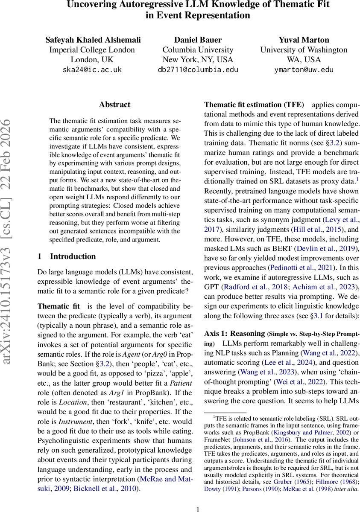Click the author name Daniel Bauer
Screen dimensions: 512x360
(x=198, y=40)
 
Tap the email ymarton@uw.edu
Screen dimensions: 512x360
(x=304, y=70)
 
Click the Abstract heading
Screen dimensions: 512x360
(x=114, y=105)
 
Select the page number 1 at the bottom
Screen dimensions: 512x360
(x=198, y=509)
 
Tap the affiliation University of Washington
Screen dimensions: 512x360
(x=304, y=50)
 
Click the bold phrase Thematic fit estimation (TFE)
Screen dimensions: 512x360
(x=254, y=105)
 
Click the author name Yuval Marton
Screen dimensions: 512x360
(x=304, y=40)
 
